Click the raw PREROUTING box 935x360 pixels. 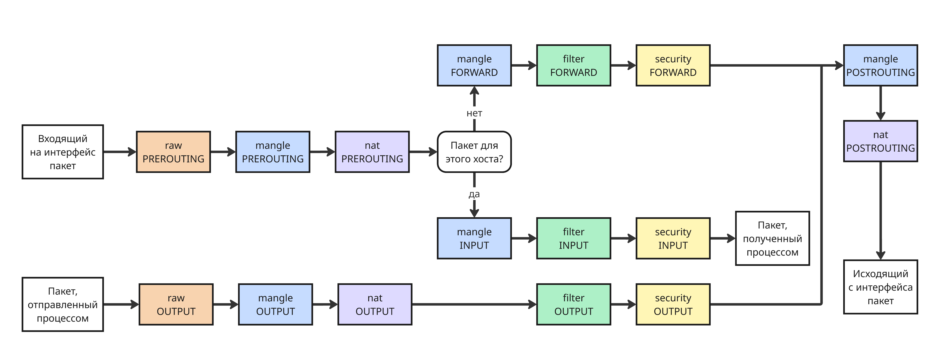pos(173,152)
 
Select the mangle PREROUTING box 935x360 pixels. pos(273,152)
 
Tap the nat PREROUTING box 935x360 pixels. pos(372,152)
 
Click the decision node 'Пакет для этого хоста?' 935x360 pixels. pos(474,152)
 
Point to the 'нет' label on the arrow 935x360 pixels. pos(474,113)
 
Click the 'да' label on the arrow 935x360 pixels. pos(474,194)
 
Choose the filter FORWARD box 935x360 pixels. pos(574,65)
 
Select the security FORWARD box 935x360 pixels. pos(673,65)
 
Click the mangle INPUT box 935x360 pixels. pos(474,238)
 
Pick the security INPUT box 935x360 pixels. pos(673,238)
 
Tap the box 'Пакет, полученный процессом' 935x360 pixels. pos(772,238)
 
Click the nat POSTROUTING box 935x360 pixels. pos(881,141)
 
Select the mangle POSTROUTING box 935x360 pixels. pos(881,65)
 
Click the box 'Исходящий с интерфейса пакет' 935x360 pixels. pos(881,287)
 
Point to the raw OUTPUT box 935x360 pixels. pos(176,305)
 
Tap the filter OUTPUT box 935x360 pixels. pos(574,305)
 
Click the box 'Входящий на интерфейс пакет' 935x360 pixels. pos(63,152)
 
